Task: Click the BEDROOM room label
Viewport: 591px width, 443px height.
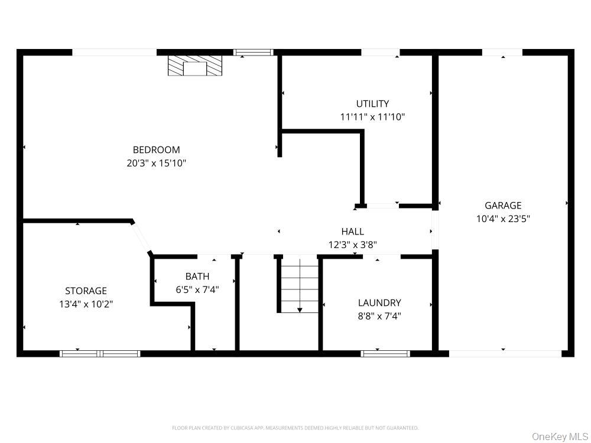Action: point(156,150)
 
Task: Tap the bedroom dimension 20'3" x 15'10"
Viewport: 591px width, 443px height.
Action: point(156,163)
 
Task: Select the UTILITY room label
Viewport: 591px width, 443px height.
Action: point(372,104)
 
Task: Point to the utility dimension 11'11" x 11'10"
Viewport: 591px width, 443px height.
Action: point(372,117)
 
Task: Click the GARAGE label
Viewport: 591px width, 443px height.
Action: point(503,206)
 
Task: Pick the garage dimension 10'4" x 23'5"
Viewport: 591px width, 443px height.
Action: point(503,219)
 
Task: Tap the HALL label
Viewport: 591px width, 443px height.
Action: point(352,232)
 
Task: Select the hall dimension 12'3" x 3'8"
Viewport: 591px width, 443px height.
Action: point(352,245)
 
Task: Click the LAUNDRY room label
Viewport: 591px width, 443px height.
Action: point(379,303)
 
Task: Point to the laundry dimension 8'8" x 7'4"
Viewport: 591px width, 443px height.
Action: point(379,316)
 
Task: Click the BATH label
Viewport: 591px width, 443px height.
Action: point(197,276)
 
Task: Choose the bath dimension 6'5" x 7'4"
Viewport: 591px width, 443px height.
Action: point(197,289)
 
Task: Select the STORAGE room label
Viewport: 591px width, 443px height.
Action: point(86,291)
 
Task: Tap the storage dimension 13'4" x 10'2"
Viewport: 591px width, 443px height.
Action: point(86,304)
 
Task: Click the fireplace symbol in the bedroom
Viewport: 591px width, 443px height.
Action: point(195,66)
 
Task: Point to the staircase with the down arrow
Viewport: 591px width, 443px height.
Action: point(299,285)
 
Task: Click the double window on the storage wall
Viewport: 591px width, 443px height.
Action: point(100,354)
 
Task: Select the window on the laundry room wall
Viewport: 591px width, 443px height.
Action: point(385,354)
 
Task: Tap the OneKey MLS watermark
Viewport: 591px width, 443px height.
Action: point(559,437)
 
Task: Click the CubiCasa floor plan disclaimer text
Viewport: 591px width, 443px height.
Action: point(295,428)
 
